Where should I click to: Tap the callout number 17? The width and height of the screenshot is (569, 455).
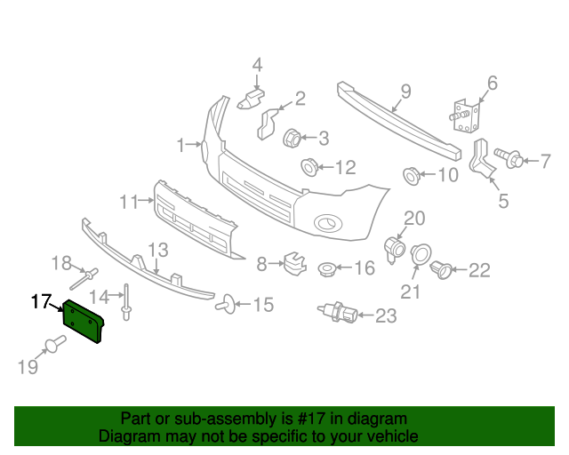tap(42, 302)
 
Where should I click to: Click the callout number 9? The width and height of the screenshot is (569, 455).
tap(405, 91)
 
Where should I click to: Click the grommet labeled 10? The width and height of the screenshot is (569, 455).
tap(412, 174)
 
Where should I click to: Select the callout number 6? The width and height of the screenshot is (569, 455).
tap(492, 84)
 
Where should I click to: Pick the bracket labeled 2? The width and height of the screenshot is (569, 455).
tap(268, 123)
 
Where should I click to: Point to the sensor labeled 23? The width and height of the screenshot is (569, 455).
tap(339, 312)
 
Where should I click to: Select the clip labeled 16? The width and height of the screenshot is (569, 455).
tap(326, 267)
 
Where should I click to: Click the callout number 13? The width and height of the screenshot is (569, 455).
tap(157, 250)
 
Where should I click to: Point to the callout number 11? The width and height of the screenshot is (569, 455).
tap(131, 201)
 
